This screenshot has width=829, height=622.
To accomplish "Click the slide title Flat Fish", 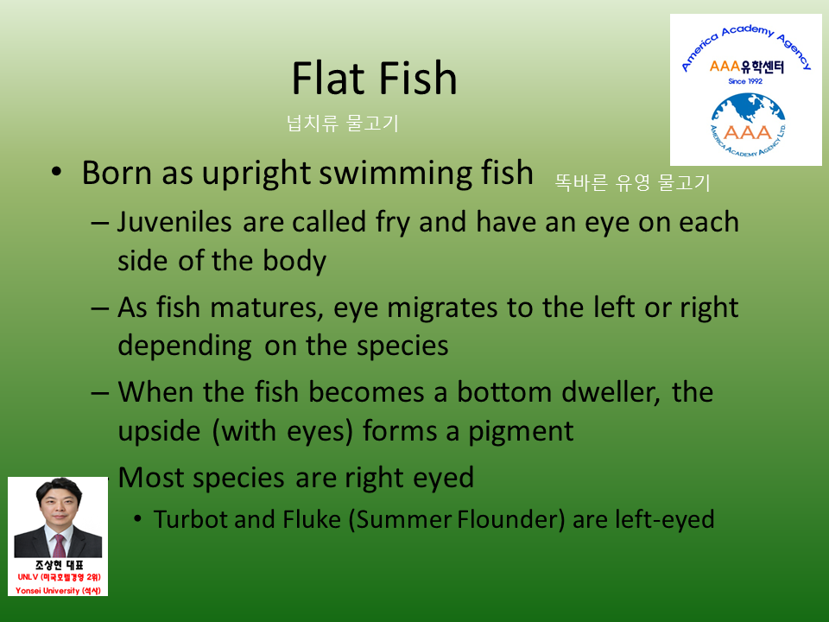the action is [374, 79].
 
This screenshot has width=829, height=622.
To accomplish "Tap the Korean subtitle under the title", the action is [342, 124].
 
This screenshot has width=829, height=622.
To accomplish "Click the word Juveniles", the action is [174, 222].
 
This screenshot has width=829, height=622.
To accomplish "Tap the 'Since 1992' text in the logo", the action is [745, 81].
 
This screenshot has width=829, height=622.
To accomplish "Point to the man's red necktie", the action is [60, 546].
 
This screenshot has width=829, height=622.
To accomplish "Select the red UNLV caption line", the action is [59, 577].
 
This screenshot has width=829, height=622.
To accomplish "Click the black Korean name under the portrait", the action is [59, 565].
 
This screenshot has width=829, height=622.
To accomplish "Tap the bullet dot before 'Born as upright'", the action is [57, 173].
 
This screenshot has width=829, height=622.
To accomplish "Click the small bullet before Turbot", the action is [137, 519].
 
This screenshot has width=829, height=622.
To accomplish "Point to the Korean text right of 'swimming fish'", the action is [632, 183].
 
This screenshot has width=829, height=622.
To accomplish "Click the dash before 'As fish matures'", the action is [100, 308].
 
